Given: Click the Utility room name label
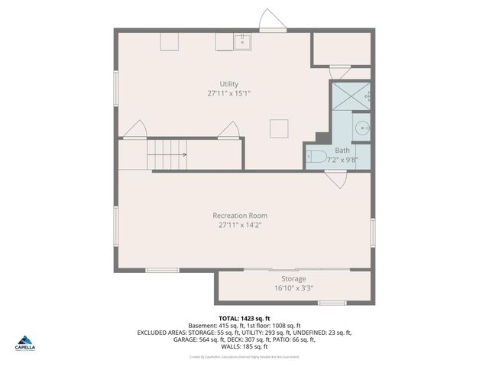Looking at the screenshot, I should click(x=228, y=84).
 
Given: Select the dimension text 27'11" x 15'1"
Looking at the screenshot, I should click(x=228, y=93).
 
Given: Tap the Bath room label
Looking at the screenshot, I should click(x=342, y=151).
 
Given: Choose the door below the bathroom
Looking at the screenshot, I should click(x=335, y=179).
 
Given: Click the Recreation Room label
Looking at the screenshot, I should click(x=240, y=216).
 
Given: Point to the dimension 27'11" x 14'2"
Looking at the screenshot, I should click(x=240, y=226).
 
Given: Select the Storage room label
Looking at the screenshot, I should click(x=293, y=278).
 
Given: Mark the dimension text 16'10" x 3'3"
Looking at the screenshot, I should click(x=293, y=288).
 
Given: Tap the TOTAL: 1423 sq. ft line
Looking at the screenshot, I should click(x=244, y=318).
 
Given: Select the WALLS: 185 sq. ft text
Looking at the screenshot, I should click(x=244, y=346).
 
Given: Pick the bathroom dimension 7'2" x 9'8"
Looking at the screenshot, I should click(x=342, y=161).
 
